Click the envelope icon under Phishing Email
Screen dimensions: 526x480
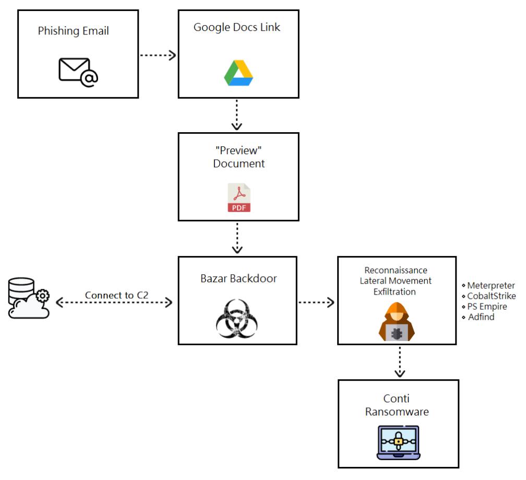78,72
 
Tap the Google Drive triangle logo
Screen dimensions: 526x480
238,73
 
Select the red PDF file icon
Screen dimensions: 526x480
239,197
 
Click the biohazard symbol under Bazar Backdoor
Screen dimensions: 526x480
237,319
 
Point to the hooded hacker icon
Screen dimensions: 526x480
397,321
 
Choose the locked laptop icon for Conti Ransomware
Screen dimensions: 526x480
399,442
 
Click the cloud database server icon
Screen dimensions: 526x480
29,298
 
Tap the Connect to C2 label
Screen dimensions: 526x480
116,295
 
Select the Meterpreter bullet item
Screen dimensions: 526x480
488,285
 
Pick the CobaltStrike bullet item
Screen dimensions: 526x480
489,296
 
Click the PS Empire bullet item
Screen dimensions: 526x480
484,307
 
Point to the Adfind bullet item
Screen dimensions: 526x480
478,317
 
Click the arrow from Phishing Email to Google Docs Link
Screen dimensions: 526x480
158,55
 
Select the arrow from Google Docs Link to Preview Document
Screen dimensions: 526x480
237,115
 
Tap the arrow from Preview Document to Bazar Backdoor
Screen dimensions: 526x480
237,238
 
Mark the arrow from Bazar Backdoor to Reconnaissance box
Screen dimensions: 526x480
316,302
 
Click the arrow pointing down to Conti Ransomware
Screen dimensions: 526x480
400,362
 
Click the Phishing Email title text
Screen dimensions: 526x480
73,31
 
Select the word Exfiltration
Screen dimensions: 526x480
394,291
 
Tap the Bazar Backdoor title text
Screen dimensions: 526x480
238,278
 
